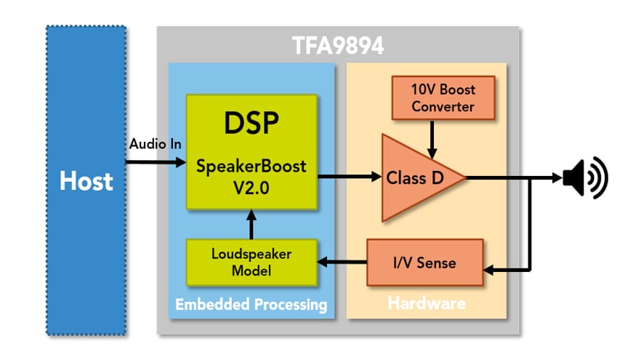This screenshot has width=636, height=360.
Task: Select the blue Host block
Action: pyautogui.click(x=86, y=180)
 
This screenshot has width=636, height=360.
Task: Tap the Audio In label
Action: pyautogui.click(x=155, y=144)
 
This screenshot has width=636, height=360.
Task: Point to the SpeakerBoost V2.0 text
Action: pyautogui.click(x=251, y=175)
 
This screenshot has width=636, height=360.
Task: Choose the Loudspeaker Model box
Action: pyautogui.click(x=251, y=262)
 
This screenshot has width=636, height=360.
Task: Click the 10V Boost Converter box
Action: pyautogui.click(x=443, y=99)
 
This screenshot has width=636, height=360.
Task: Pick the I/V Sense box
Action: pyautogui.click(x=424, y=262)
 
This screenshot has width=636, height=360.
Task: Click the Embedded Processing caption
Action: pyautogui.click(x=251, y=303)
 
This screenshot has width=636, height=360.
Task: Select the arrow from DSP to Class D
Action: pyautogui.click(x=350, y=177)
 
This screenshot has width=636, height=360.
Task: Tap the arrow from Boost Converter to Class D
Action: pyautogui.click(x=432, y=138)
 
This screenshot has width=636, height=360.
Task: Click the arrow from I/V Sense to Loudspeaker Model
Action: pyautogui.click(x=342, y=262)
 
